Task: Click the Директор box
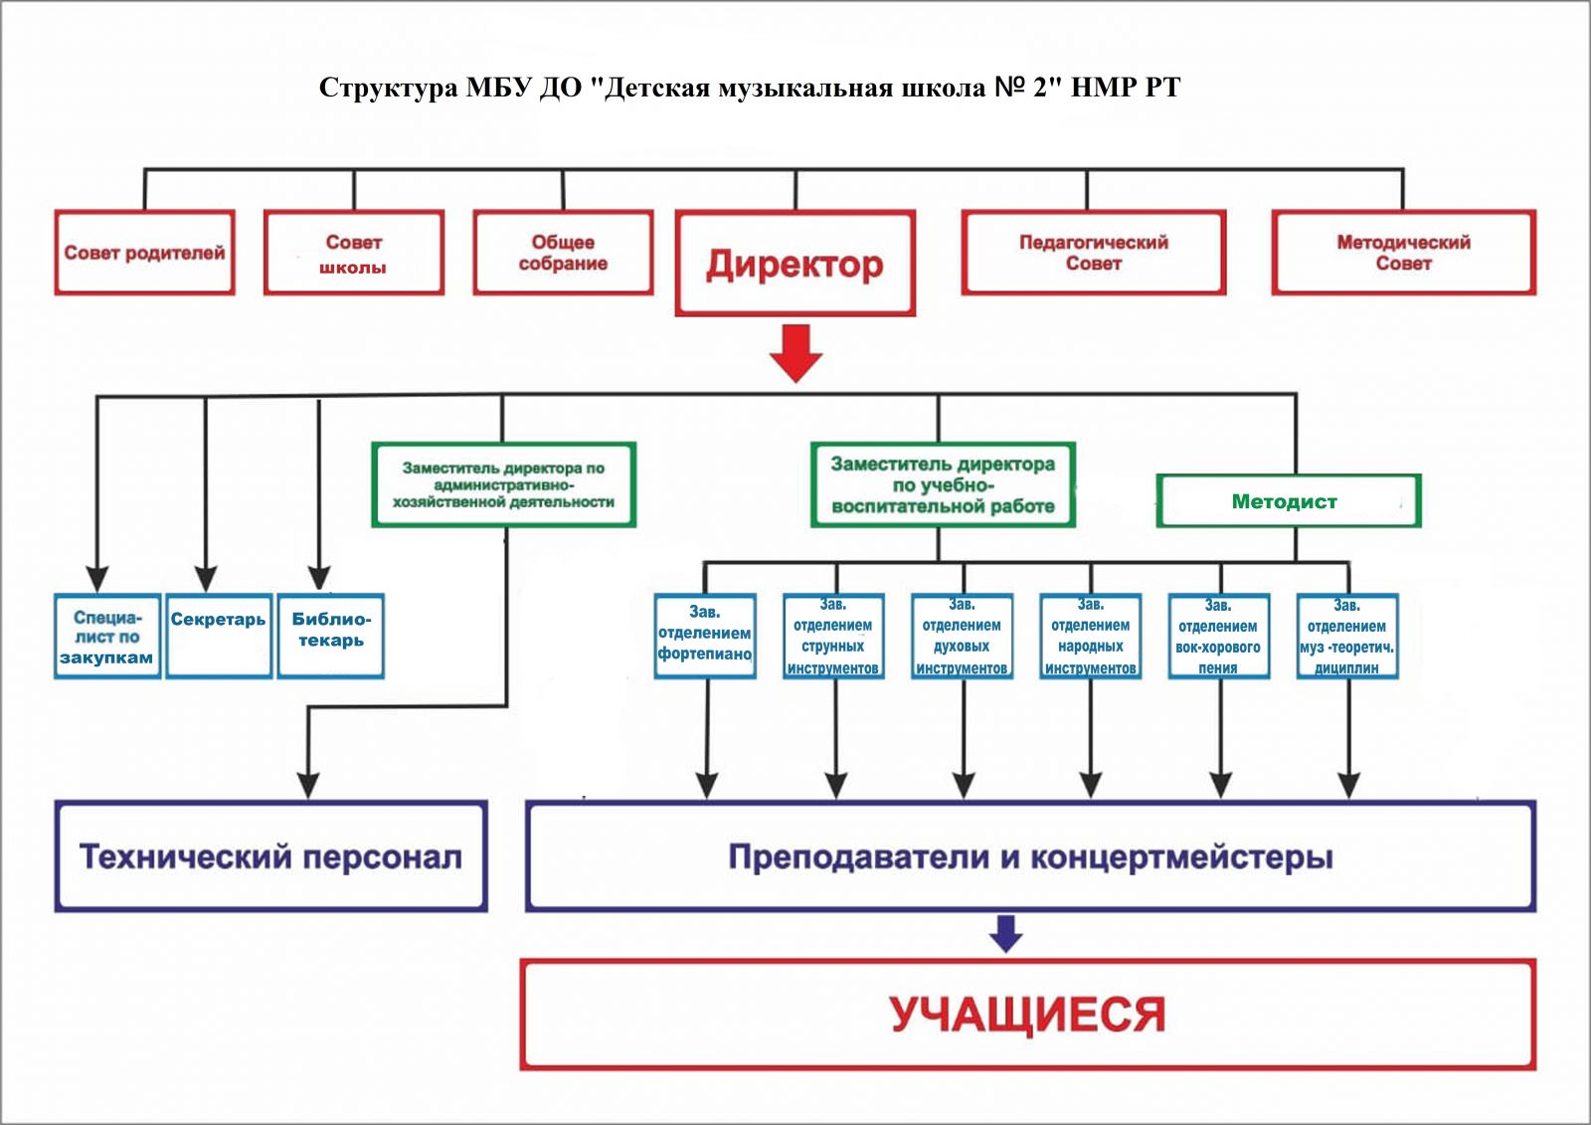point(795,264)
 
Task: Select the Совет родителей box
point(144,253)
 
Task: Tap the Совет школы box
point(354,253)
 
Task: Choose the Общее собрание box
point(563,253)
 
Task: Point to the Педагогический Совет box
point(1093,253)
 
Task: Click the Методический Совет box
point(1403,253)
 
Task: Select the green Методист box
point(1288,501)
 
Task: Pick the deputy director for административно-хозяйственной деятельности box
point(503,484)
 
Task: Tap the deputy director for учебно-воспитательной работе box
point(943,484)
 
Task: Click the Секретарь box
point(219,636)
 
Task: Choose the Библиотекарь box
point(330,636)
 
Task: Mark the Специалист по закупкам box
point(107,636)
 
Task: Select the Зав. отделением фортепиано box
point(705,636)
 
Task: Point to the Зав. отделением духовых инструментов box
point(962,636)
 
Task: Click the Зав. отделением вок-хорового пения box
point(1218,636)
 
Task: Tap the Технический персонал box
point(270,856)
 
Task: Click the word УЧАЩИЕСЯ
point(1027,1015)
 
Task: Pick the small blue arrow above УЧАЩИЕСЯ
point(1006,933)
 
